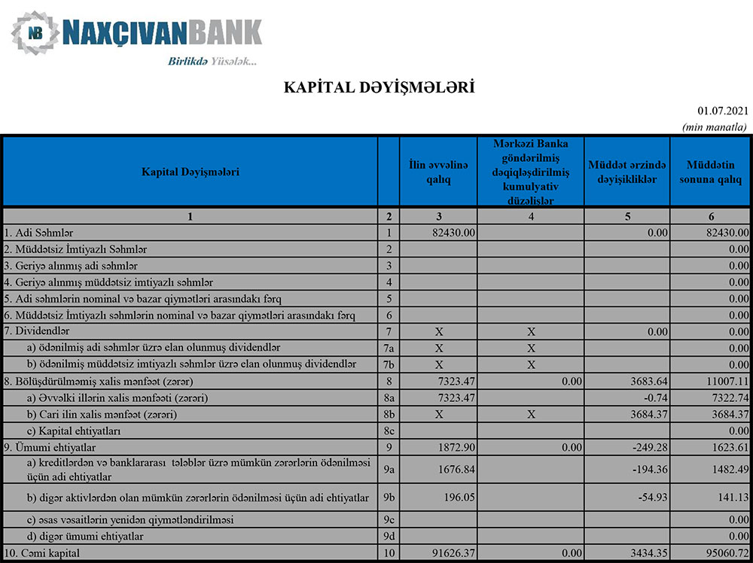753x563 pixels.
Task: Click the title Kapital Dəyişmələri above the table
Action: pos(379,87)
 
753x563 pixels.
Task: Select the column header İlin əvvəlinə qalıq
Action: pos(439,172)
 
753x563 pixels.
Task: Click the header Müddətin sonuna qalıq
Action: pos(711,172)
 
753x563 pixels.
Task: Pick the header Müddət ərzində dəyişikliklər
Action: pos(626,172)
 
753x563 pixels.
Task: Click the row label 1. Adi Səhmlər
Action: pos(38,233)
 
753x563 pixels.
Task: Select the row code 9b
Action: pos(389,498)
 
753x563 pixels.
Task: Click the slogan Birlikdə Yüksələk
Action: pos(212,62)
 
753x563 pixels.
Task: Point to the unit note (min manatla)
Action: pos(714,127)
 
